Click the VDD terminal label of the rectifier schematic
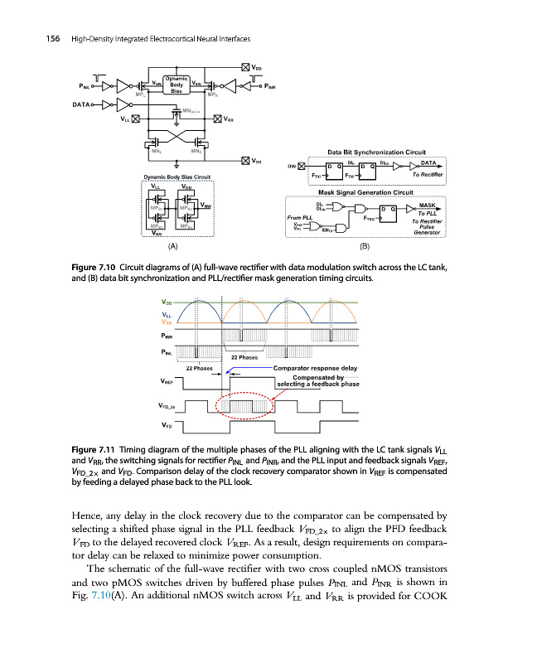tap(258, 67)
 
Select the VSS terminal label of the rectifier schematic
tap(258, 161)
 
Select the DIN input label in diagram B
tap(291, 167)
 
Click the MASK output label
tap(428, 204)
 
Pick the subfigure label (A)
tap(172, 246)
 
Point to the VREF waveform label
tap(166, 382)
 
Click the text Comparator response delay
tap(315, 367)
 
